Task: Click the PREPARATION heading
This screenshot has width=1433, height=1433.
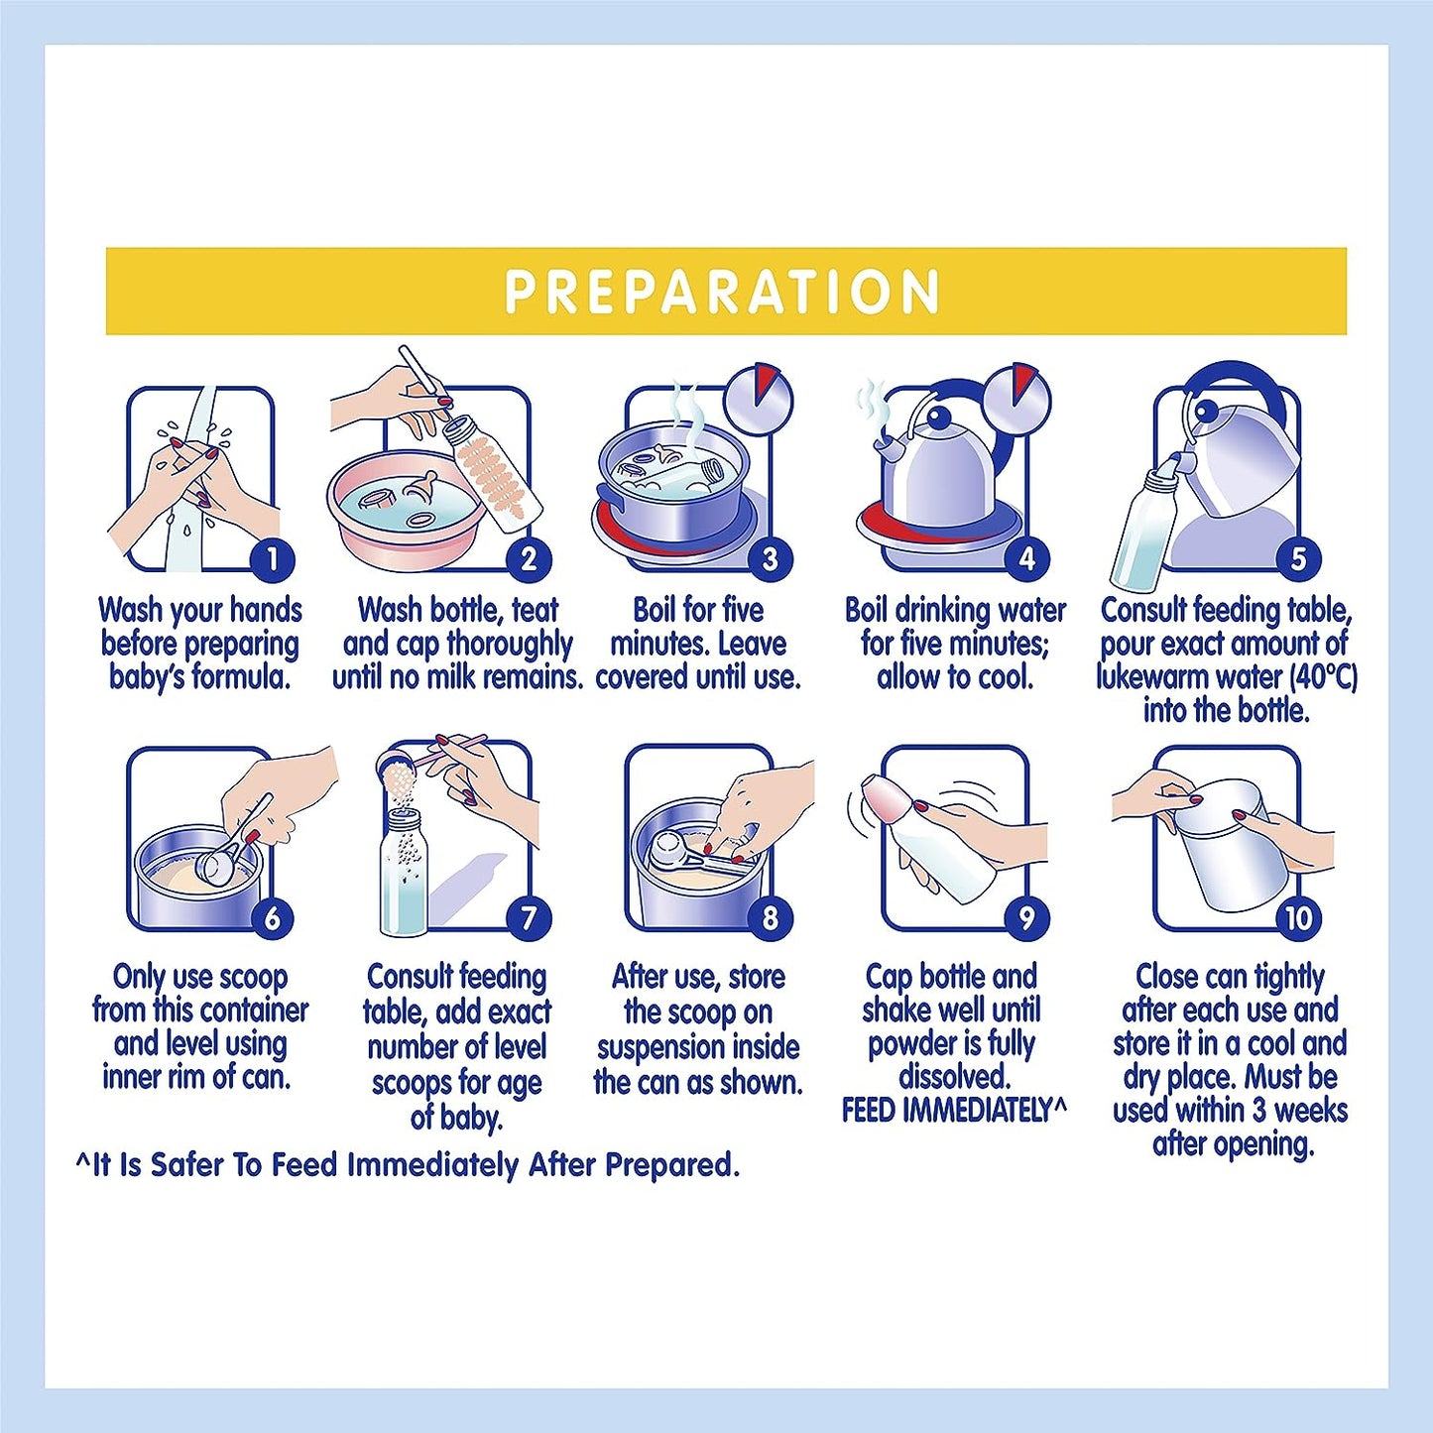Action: click(722, 292)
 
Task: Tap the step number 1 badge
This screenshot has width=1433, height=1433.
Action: click(273, 558)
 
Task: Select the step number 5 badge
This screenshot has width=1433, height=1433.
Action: click(1298, 558)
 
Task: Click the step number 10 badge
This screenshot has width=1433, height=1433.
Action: click(1298, 918)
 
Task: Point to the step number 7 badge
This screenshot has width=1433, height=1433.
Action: click(528, 918)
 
